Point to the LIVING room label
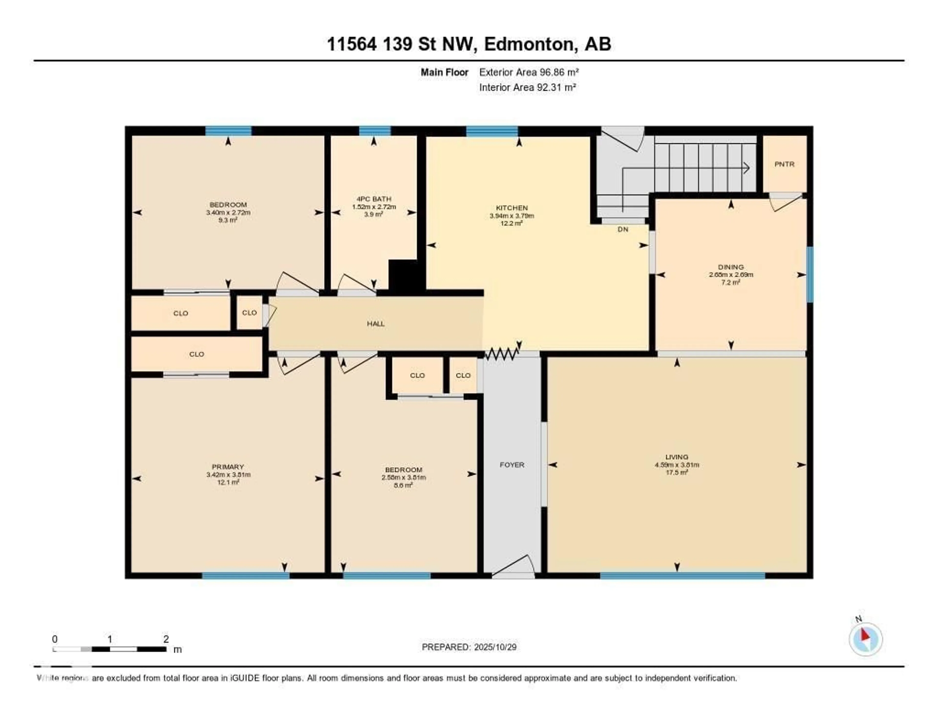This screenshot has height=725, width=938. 677,457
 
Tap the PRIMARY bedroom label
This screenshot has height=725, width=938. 228,467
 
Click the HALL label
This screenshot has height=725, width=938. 375,324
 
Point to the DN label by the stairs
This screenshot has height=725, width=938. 623,230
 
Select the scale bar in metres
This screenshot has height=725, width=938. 109,649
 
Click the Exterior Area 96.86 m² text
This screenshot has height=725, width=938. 529,72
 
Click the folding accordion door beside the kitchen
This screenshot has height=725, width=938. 502,354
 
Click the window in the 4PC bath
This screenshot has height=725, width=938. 374,131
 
